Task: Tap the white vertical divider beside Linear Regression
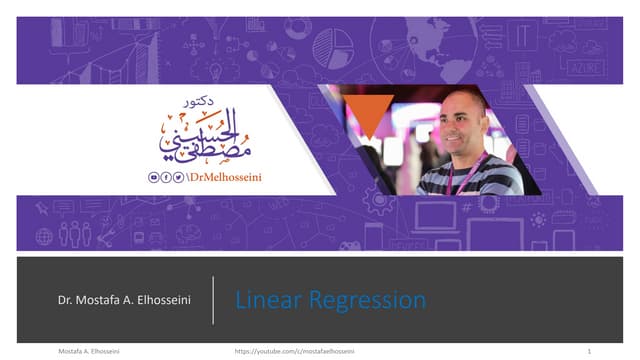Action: pos(213,299)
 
